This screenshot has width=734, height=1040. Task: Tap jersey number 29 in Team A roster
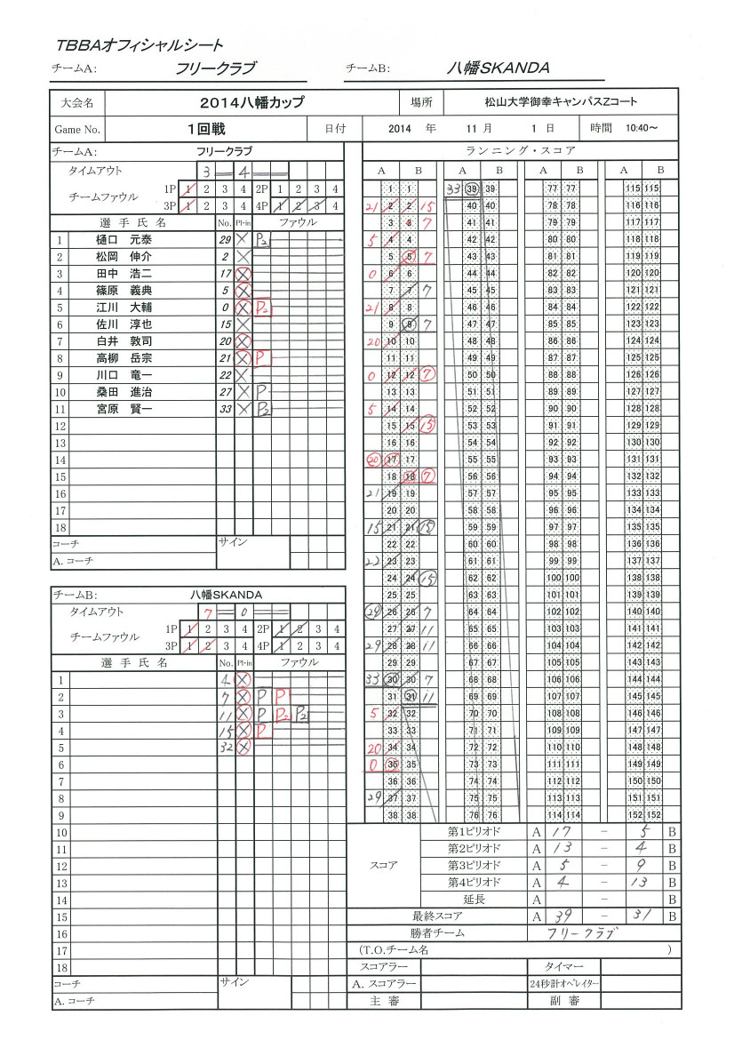(225, 240)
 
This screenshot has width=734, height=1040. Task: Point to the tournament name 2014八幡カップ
(251, 102)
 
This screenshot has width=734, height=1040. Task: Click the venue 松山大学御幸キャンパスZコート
(561, 102)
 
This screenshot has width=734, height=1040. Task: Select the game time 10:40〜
(641, 128)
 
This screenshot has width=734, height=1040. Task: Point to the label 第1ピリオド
(475, 832)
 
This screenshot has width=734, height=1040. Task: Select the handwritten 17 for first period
(561, 832)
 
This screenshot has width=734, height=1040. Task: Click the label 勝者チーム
(437, 933)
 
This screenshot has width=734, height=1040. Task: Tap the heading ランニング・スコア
(520, 151)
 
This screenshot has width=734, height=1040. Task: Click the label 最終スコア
(437, 916)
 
